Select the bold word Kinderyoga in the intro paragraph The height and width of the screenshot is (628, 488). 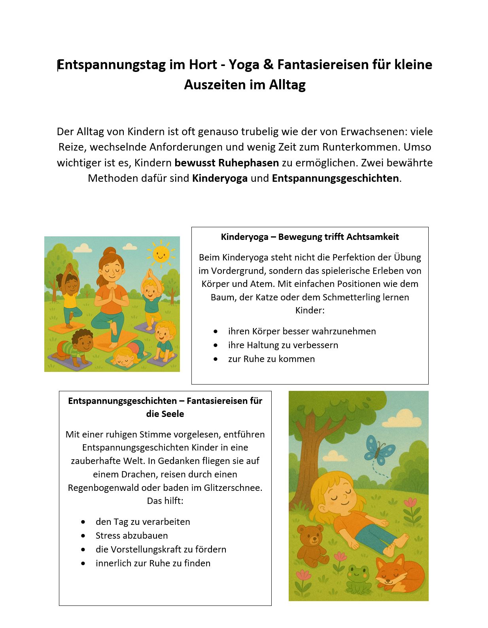[220, 178]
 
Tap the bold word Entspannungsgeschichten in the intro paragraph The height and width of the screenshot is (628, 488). [335, 178]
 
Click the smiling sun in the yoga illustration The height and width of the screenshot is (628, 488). [160, 254]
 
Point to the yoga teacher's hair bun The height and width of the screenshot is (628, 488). [110, 251]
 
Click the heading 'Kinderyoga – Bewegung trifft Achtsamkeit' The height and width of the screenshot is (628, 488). [310, 237]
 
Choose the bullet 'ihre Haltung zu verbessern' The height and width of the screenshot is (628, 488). [283, 345]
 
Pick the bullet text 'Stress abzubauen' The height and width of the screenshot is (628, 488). [132, 536]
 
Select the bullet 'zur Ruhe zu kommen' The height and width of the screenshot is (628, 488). [271, 359]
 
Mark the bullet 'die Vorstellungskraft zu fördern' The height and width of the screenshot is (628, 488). [161, 549]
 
